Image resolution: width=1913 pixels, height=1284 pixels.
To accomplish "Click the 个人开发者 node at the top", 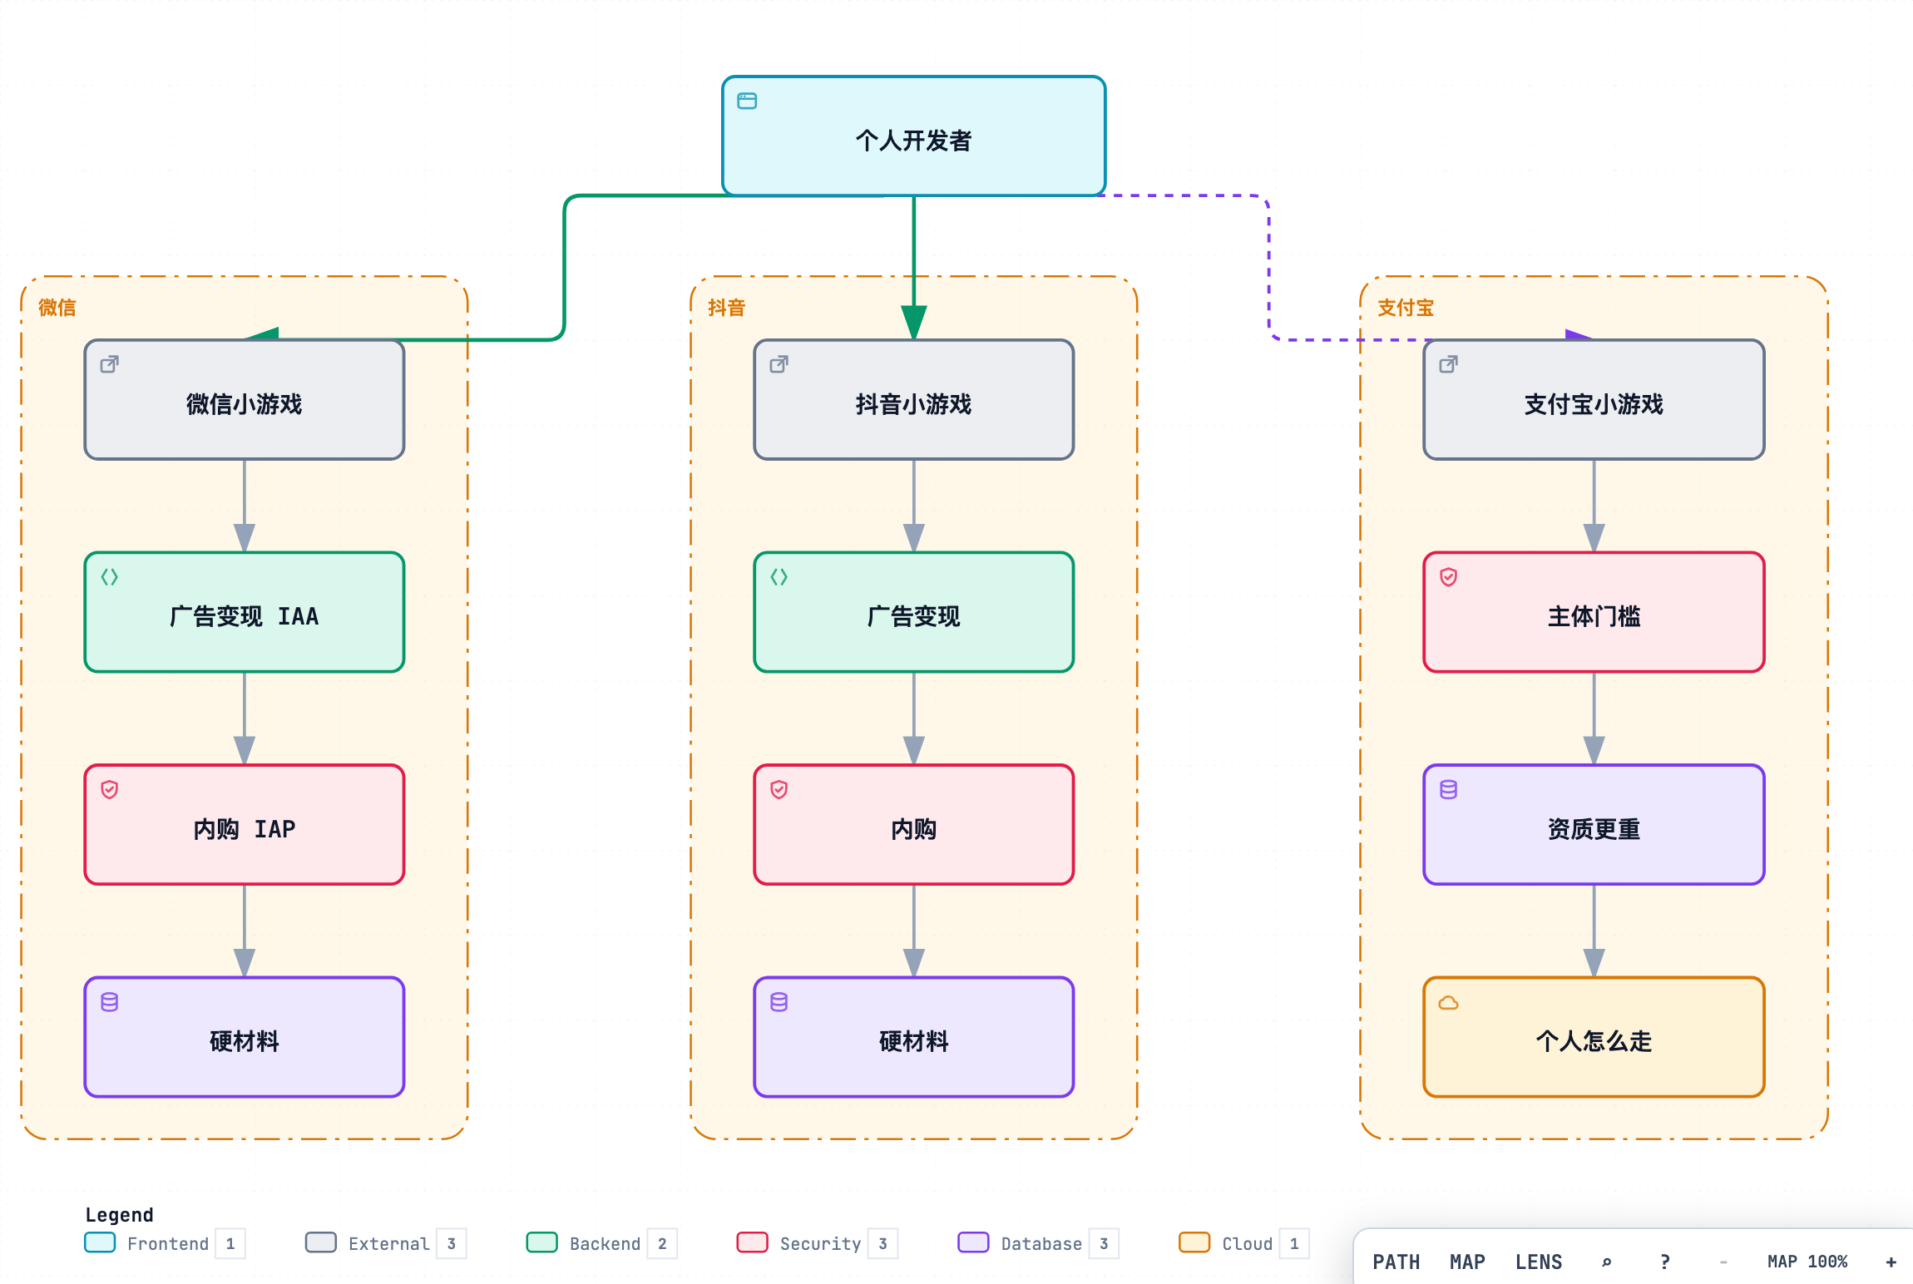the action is (913, 136).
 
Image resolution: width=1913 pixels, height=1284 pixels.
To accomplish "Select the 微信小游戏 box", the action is (245, 399).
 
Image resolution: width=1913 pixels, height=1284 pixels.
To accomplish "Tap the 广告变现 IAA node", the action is (245, 612).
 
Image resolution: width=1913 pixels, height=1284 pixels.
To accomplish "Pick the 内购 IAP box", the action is (245, 825).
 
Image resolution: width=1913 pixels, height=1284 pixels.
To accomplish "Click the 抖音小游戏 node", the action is (913, 399).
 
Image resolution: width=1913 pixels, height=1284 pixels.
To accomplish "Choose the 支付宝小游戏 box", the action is (1594, 399).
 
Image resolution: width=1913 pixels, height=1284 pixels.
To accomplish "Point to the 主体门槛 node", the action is (1594, 612).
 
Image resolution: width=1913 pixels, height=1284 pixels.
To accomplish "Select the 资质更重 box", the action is (1594, 825).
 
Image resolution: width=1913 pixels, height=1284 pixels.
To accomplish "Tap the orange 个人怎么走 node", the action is (1594, 1037).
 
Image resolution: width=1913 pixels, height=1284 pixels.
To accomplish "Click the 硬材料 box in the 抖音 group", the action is (913, 1037).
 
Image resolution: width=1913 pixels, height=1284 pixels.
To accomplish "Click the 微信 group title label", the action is (57, 308).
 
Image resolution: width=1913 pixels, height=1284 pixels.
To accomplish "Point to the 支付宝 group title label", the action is (1406, 308).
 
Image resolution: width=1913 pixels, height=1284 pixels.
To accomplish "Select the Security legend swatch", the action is (752, 1242).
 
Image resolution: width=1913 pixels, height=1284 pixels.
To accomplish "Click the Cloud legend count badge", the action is (1294, 1243).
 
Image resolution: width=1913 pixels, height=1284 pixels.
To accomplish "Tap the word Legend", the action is (119, 1215).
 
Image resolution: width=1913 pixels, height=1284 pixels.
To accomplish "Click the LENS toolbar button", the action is (1539, 1262).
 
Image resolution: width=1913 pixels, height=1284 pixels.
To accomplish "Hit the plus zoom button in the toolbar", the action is (1891, 1262).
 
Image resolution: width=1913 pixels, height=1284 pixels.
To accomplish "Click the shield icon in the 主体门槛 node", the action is (1448, 577).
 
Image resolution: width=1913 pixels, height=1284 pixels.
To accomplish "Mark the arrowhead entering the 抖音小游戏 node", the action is (913, 323).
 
